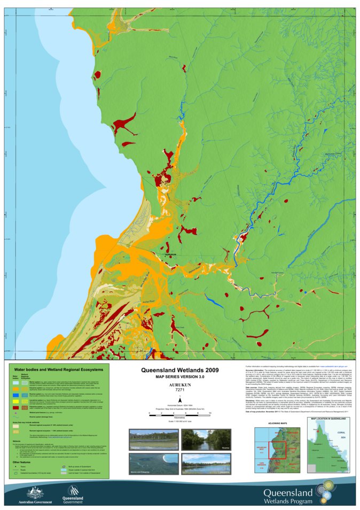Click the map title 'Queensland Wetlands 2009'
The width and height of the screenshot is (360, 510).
point(179,370)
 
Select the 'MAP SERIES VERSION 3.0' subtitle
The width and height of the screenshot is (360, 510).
point(179,377)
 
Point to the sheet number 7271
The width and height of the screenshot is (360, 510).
point(179,390)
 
